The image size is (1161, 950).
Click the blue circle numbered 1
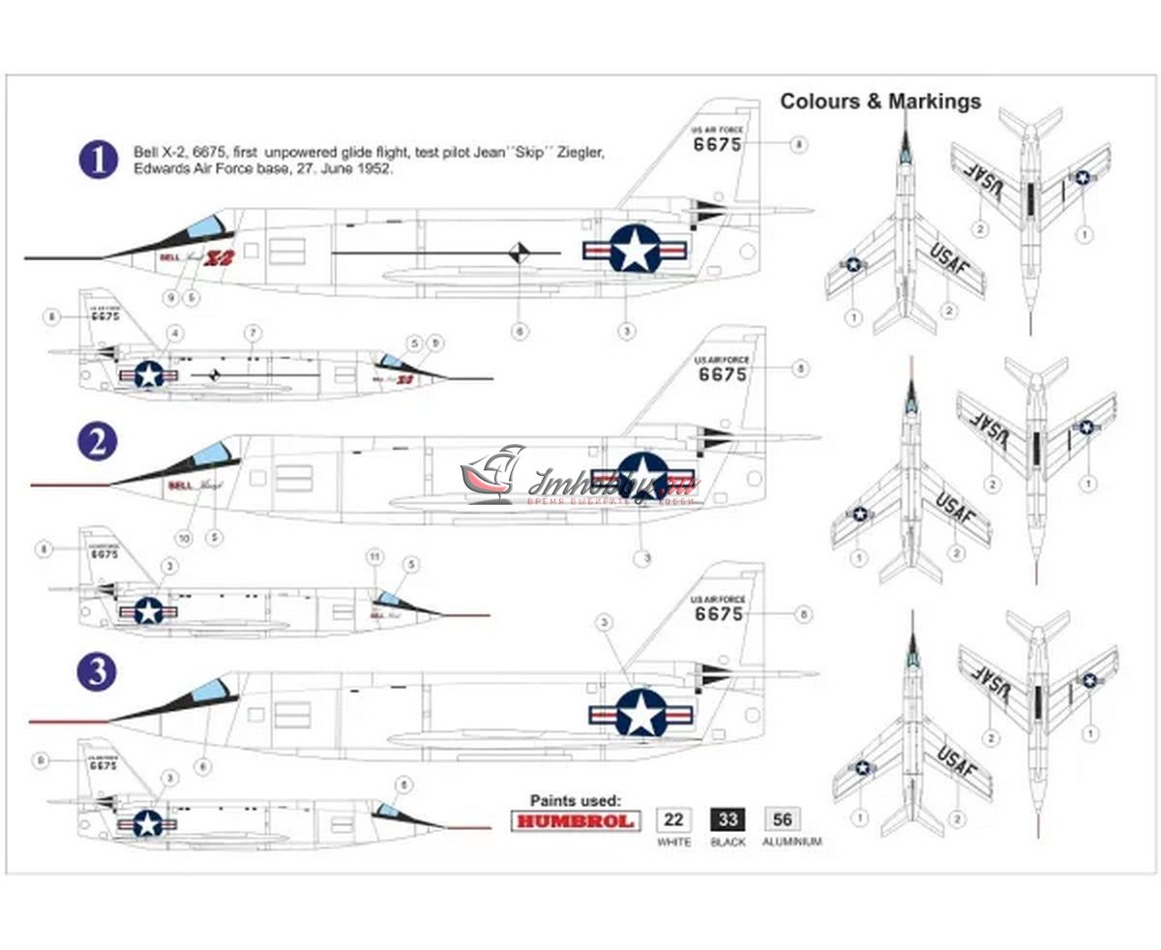point(98,160)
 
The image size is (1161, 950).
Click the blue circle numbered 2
point(97,442)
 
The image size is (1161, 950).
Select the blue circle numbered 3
point(97,671)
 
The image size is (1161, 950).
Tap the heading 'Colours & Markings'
point(880,102)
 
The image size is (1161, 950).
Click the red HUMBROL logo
point(574,821)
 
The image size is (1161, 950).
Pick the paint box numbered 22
point(674,820)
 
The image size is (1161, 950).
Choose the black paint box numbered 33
point(729,820)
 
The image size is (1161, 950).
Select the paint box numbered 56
point(783,820)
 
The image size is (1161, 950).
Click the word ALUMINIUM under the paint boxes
point(791,843)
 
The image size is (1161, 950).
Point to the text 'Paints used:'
point(575,800)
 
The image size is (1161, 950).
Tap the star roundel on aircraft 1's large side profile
point(634,250)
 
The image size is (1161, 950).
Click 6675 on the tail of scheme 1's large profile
point(717,145)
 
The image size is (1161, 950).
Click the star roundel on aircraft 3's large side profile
point(640,714)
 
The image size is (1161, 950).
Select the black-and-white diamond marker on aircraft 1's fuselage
point(521,253)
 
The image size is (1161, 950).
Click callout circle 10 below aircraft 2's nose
point(184,538)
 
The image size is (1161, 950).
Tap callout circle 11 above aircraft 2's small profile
point(375,557)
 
